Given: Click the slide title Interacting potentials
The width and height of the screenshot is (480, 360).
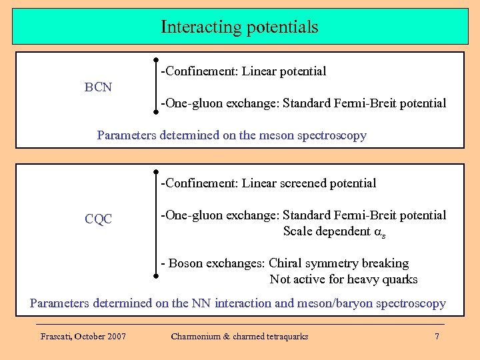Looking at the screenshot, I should [x=239, y=27].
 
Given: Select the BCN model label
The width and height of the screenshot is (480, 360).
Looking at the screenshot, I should [x=98, y=87].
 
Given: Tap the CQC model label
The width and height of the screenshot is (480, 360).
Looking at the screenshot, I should [x=98, y=219].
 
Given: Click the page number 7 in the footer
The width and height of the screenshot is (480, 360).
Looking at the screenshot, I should [x=437, y=337].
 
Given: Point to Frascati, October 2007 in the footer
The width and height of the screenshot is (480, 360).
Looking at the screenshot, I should [x=83, y=337].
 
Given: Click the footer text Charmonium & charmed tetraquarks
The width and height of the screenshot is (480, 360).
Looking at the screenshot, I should [x=239, y=337].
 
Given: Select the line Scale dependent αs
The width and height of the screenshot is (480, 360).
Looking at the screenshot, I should [x=334, y=232].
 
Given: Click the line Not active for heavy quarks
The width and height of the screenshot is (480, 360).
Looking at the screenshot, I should [x=343, y=279].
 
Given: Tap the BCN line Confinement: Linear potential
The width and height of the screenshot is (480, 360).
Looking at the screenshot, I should [x=243, y=71].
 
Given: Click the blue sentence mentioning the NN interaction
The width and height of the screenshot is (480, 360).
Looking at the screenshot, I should [x=237, y=303].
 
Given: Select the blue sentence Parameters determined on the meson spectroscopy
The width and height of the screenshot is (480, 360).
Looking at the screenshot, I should [x=231, y=135].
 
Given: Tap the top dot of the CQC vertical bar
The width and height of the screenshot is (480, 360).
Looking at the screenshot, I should [x=155, y=171].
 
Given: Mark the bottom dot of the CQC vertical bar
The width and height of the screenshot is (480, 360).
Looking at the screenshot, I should [x=155, y=275].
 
